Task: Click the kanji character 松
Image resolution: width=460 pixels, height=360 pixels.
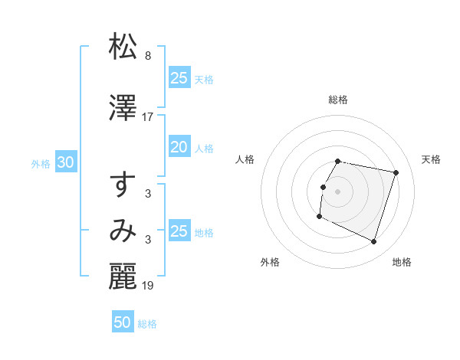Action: point(123,47)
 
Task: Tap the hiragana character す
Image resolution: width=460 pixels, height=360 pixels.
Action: point(123,186)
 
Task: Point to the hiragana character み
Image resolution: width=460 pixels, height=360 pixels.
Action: point(123,231)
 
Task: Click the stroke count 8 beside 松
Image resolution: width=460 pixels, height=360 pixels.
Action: point(148,56)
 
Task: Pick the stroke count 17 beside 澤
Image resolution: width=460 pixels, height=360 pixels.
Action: point(148,116)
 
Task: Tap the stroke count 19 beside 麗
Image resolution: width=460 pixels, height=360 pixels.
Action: point(148,285)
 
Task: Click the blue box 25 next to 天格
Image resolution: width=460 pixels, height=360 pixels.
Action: point(179,77)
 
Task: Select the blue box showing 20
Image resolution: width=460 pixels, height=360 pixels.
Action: point(179,147)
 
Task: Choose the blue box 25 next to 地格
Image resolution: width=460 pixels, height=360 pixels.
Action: point(179,231)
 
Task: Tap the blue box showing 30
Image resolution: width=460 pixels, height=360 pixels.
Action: point(65,162)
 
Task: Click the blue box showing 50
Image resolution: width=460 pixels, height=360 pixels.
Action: point(123,322)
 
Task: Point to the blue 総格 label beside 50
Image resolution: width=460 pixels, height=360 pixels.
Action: point(147,324)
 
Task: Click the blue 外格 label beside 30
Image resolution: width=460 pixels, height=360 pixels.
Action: point(41,163)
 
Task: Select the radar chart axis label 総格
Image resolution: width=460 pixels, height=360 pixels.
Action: point(338,100)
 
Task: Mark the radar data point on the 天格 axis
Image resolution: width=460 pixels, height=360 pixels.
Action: point(396,173)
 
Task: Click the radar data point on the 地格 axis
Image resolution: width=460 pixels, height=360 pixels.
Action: point(374,242)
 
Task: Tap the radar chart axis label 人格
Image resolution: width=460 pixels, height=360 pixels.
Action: point(245,159)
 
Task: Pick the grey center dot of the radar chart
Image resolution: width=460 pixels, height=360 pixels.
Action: point(338,191)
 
